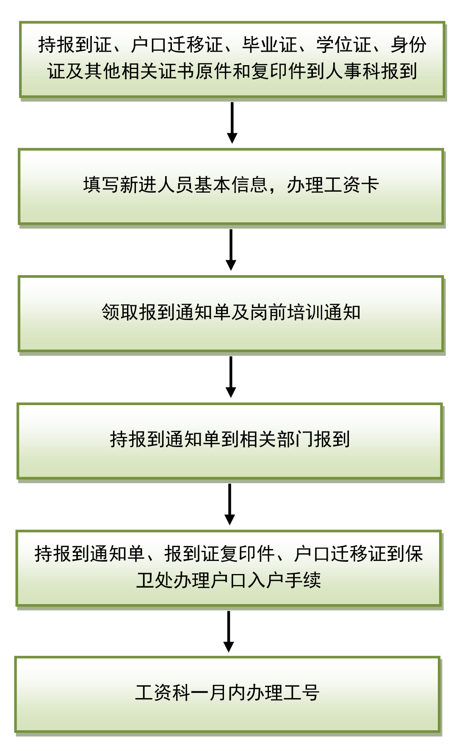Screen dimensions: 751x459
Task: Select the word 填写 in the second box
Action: pos(102,185)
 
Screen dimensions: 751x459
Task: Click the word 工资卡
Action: pos(351,185)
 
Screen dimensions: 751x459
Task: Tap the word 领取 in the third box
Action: pos(120,312)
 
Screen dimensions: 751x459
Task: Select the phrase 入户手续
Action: pos(284,580)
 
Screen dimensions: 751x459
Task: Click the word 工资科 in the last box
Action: pos(163,693)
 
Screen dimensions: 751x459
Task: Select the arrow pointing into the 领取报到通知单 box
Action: pos(231,250)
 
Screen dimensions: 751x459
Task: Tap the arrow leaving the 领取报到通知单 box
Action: pos(231,377)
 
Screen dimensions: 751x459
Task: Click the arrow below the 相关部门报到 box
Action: pos(229,504)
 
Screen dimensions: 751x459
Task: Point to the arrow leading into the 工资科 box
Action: pos(229,631)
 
